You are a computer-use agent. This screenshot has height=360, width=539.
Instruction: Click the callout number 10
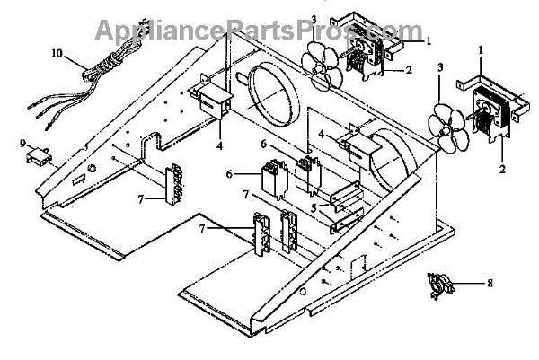pyautogui.click(x=57, y=55)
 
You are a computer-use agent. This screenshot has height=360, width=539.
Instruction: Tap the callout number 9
pyautogui.click(x=21, y=143)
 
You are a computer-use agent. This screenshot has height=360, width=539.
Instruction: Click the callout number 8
pyautogui.click(x=489, y=287)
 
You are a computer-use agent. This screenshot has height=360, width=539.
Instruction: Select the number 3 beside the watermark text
pyautogui.click(x=313, y=19)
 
